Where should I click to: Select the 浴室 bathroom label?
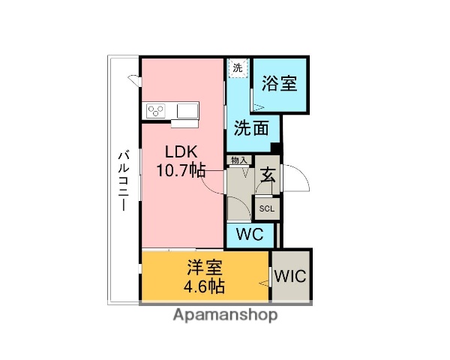pos(279,83)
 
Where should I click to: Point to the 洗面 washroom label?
pos(250,127)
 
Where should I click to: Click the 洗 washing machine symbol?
pos(238,68)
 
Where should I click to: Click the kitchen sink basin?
pos(187,111)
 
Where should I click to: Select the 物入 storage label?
pos(239,160)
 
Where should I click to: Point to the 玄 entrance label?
pos(268,177)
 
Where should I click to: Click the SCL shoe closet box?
pos(267,209)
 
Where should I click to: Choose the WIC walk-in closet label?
pos(290,275)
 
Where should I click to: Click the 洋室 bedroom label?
pos(203,267)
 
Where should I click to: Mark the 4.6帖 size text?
pos(203,286)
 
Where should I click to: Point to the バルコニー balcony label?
pos(123,180)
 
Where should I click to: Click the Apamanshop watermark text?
pos(225,315)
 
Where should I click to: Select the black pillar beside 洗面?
pos(275,148)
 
